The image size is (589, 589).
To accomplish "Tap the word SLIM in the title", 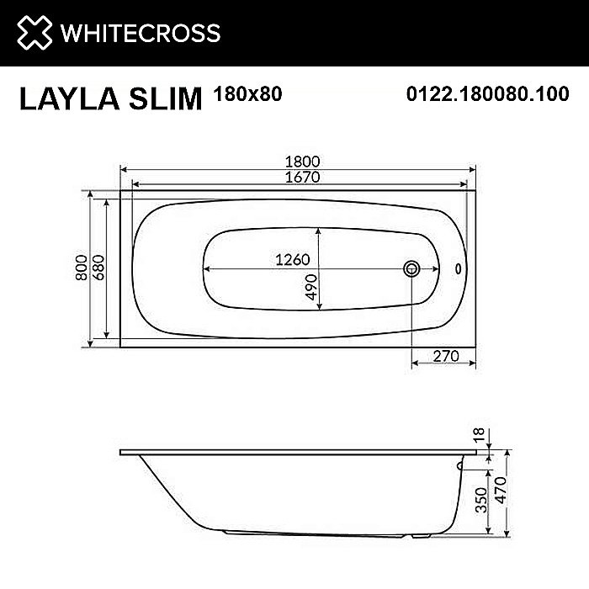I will click(167, 99).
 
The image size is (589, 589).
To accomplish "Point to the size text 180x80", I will click(248, 94).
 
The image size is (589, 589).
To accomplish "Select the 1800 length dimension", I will click(300, 162).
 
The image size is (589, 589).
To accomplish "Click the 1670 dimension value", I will click(300, 178).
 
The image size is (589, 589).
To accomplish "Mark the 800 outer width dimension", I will click(81, 268).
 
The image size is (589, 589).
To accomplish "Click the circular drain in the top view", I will click(411, 269).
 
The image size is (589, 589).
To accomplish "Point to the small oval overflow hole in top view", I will click(459, 269).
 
